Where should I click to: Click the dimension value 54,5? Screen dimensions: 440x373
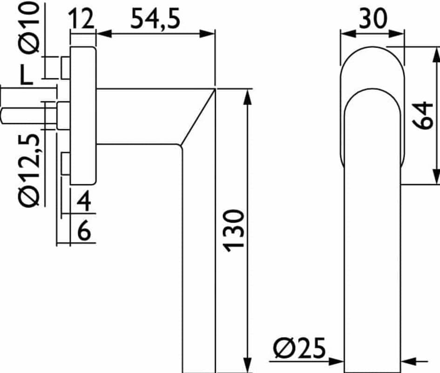(x=155, y=19)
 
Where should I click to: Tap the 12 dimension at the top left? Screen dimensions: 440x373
(x=81, y=19)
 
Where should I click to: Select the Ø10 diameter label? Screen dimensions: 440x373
(x=29, y=27)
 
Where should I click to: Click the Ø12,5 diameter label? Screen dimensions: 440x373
(x=29, y=170)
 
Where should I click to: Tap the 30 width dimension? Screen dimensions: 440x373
(x=373, y=19)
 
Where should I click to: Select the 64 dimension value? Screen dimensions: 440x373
(x=423, y=115)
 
